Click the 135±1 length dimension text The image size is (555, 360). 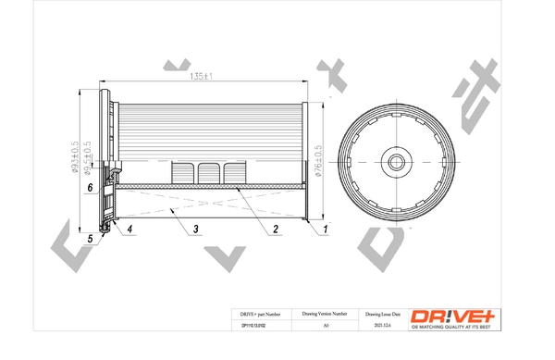pyautogui.click(x=202, y=76)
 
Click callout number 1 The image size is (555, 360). pyautogui.click(x=326, y=228)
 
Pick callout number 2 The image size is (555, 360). pyautogui.click(x=275, y=228)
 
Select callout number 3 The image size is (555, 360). pyautogui.click(x=196, y=228)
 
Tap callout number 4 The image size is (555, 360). pyautogui.click(x=129, y=228)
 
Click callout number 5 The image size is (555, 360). pyautogui.click(x=91, y=240)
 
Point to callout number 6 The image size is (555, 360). pyautogui.click(x=90, y=188)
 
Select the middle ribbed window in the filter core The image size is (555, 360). pyautogui.click(x=206, y=173)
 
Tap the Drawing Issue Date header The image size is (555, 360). pyautogui.click(x=384, y=316)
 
